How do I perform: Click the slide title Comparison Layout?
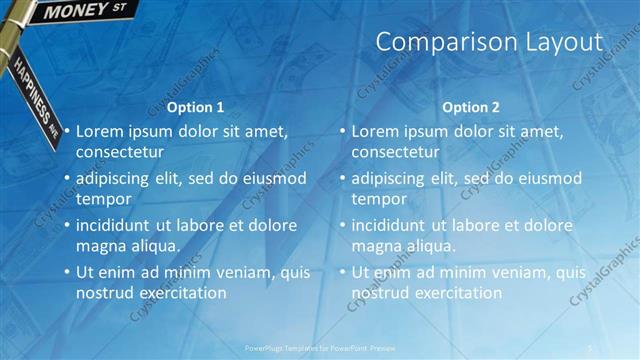[x=489, y=42]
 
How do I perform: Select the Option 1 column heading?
[x=195, y=107]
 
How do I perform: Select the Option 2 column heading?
[x=470, y=107]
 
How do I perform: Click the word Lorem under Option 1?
[x=101, y=131]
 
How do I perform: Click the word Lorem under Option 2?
[x=376, y=131]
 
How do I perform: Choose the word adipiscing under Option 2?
[x=393, y=178]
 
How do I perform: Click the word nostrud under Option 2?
[x=380, y=293]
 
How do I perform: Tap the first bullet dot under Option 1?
[x=67, y=132]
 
